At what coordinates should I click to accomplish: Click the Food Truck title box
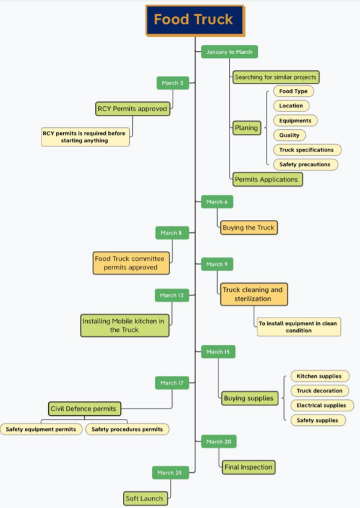point(194,20)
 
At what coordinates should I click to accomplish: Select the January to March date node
point(229,52)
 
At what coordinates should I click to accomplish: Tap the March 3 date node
point(173,83)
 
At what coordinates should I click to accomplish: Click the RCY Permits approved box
point(132,109)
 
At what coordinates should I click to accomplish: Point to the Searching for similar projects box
point(276,78)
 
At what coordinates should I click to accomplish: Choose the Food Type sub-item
point(293,91)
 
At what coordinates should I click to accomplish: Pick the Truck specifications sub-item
point(306,150)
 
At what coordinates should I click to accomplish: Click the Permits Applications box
point(267,180)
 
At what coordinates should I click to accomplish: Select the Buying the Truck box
point(249,228)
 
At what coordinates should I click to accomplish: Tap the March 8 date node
point(171,233)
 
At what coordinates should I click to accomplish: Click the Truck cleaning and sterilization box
point(254,294)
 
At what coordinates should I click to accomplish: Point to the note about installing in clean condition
point(298,327)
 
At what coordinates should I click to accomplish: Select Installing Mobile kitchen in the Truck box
point(124,326)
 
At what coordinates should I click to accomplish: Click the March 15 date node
point(218,352)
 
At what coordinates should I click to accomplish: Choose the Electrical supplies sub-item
point(322,405)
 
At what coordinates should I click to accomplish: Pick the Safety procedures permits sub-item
point(127,429)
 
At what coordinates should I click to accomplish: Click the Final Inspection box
point(247,467)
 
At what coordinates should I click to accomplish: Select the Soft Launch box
point(145,498)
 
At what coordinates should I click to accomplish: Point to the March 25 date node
point(170,473)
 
